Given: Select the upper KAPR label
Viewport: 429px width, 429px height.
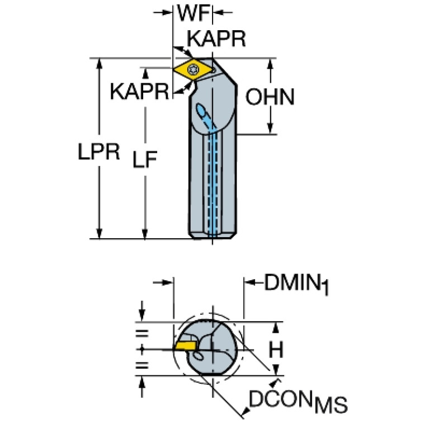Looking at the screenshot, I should (216, 39).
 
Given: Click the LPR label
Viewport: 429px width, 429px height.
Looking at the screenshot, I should (99, 152).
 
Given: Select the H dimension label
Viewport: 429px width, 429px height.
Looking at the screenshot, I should (275, 350).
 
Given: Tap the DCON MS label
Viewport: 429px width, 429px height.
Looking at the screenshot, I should (297, 400).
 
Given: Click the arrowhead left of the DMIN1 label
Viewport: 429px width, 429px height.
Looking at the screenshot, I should (249, 283).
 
